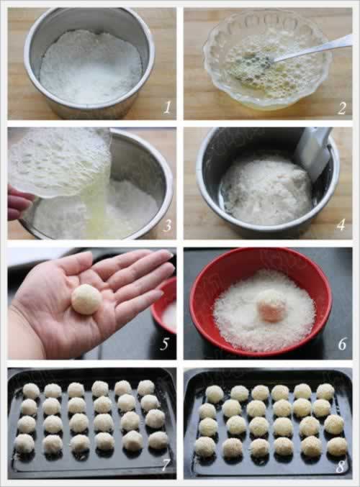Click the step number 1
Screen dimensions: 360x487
[x=168, y=108]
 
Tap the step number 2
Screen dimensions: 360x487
[x=342, y=108]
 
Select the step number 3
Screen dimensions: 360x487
[x=167, y=226]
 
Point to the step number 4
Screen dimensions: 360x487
[x=341, y=225]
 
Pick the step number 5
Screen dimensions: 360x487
[x=164, y=344]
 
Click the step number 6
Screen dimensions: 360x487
[x=342, y=344]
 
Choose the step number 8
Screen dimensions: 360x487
[x=341, y=466]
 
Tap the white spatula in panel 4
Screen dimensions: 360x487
[x=315, y=153]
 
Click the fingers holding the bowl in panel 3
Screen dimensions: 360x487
[x=19, y=202]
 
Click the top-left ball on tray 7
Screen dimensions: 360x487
[x=31, y=391]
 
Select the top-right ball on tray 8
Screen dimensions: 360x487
[x=325, y=391]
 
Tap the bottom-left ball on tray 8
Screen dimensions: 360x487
[x=205, y=447]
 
